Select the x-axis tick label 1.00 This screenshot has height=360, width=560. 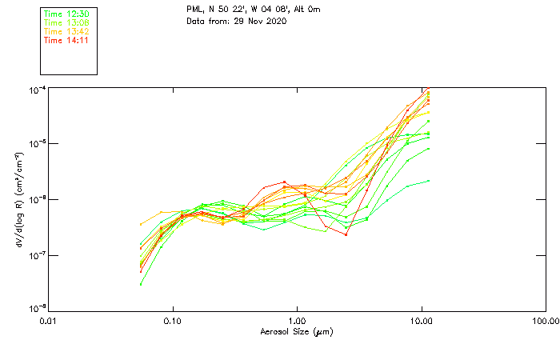pos(298,321)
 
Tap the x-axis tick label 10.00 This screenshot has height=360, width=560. pos(422,321)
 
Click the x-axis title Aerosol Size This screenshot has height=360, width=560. pos(296,331)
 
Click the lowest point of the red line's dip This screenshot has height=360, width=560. pos(346,234)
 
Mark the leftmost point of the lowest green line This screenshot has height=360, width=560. pos(142,284)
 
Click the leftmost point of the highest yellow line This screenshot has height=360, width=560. pos(142,224)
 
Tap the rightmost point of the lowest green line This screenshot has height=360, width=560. pos(429,181)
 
